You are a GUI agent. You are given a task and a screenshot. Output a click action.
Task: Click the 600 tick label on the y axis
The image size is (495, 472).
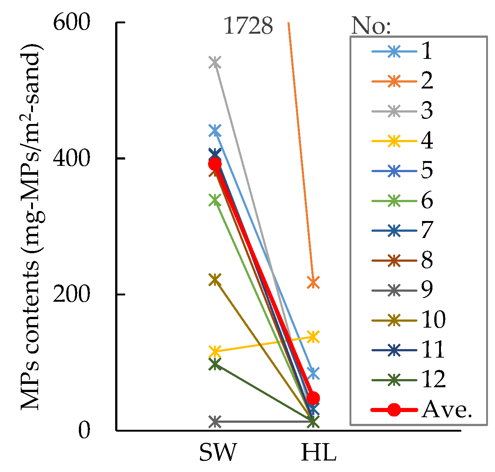71,23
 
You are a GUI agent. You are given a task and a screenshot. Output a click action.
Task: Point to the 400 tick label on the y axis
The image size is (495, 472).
71,159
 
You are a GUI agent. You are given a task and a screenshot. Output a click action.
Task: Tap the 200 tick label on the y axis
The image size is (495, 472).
71,295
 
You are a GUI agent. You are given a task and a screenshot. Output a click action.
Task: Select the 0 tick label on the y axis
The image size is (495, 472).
84,431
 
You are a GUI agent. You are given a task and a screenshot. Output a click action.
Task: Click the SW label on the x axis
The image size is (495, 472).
217,453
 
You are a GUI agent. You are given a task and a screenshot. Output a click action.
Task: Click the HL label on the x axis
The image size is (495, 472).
318,453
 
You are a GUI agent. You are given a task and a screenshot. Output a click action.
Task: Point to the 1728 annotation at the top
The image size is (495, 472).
248,26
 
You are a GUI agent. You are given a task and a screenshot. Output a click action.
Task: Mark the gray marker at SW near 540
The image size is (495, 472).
215,62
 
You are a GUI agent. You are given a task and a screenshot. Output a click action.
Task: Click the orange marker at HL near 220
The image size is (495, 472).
313,282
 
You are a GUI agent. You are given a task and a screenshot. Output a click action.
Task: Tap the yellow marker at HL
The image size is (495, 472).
313,337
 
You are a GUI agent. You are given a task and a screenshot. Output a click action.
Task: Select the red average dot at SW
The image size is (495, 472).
215,164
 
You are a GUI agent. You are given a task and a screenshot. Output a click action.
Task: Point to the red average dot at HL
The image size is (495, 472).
313,398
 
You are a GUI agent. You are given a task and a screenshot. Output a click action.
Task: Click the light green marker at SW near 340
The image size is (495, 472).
215,200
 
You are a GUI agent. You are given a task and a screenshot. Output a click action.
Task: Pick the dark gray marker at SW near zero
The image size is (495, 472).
215,422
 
